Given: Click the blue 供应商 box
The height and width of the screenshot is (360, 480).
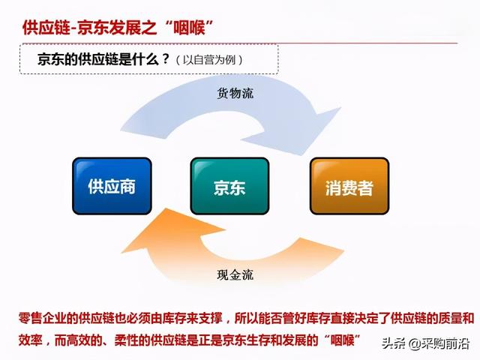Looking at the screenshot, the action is click(x=112, y=186).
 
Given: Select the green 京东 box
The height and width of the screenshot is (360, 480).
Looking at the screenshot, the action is click(x=229, y=186).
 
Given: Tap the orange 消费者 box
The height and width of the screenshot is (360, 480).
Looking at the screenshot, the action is click(x=349, y=186).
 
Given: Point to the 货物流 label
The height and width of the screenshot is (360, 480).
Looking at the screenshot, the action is click(x=235, y=93).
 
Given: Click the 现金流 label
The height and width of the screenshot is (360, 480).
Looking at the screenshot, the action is click(x=235, y=274).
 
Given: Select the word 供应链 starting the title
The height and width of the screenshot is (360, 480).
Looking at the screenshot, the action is click(x=46, y=28).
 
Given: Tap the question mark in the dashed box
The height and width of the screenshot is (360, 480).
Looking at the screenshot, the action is click(x=166, y=58).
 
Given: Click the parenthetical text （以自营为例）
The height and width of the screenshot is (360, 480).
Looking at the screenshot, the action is click(x=209, y=60).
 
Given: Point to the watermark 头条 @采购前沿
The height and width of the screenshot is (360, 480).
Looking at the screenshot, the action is click(x=425, y=343).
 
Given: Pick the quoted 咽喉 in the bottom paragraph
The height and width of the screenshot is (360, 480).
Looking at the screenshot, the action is click(x=343, y=340).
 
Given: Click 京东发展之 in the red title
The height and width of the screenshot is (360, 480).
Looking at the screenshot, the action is click(x=117, y=28).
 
